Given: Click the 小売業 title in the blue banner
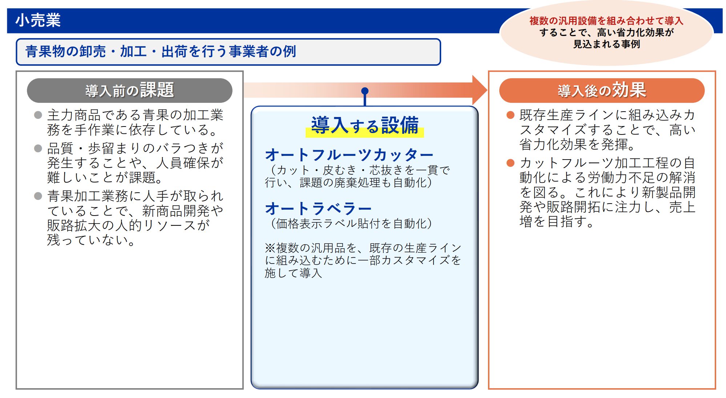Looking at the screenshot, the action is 38,20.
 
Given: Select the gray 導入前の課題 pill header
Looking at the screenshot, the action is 129,90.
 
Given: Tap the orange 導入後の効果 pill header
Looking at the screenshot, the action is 602,90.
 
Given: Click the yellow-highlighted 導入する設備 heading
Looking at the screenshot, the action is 364,126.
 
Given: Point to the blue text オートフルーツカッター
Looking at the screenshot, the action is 349,155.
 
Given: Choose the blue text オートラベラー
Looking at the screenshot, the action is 318,209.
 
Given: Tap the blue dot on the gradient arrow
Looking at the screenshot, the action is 365,91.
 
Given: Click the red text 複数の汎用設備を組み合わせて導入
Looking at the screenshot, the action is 606,21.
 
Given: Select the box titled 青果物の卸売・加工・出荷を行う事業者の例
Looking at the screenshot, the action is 228,52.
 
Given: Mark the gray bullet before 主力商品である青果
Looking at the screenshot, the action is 38,115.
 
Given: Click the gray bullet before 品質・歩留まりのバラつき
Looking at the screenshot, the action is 38,148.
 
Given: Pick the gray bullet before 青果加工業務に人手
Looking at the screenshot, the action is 38,196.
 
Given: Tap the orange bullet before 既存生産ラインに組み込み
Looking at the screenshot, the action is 511,115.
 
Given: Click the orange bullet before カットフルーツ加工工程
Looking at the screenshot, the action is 511,163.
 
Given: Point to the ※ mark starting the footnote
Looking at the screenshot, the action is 270,248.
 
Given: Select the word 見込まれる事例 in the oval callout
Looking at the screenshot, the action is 606,44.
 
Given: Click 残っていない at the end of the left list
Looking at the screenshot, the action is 91,240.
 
